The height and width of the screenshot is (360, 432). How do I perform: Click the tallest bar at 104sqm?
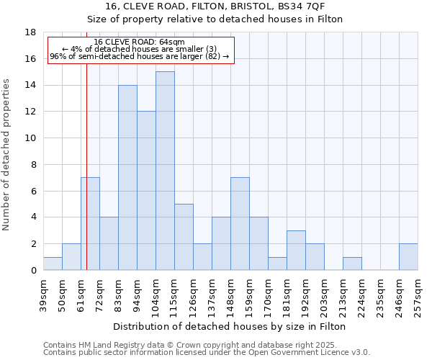pyautogui.click(x=165, y=171)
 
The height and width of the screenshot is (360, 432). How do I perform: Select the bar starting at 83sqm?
pyautogui.click(x=127, y=177)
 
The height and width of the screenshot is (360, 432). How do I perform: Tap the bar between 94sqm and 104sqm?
pyautogui.click(x=146, y=191)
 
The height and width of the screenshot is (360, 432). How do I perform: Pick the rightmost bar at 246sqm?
pyautogui.click(x=408, y=257)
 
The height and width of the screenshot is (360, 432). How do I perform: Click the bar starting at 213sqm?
pyautogui.click(x=352, y=264)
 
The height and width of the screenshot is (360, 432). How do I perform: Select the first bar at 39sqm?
pyautogui.click(x=53, y=264)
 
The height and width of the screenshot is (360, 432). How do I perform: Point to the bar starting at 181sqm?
pyautogui.click(x=296, y=251)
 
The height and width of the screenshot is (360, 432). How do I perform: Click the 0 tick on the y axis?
pyautogui.click(x=33, y=271)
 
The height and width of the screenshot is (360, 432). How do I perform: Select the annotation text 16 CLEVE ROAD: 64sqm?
pyautogui.click(x=140, y=42)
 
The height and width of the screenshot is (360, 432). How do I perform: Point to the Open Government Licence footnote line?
pyautogui.click(x=206, y=353)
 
